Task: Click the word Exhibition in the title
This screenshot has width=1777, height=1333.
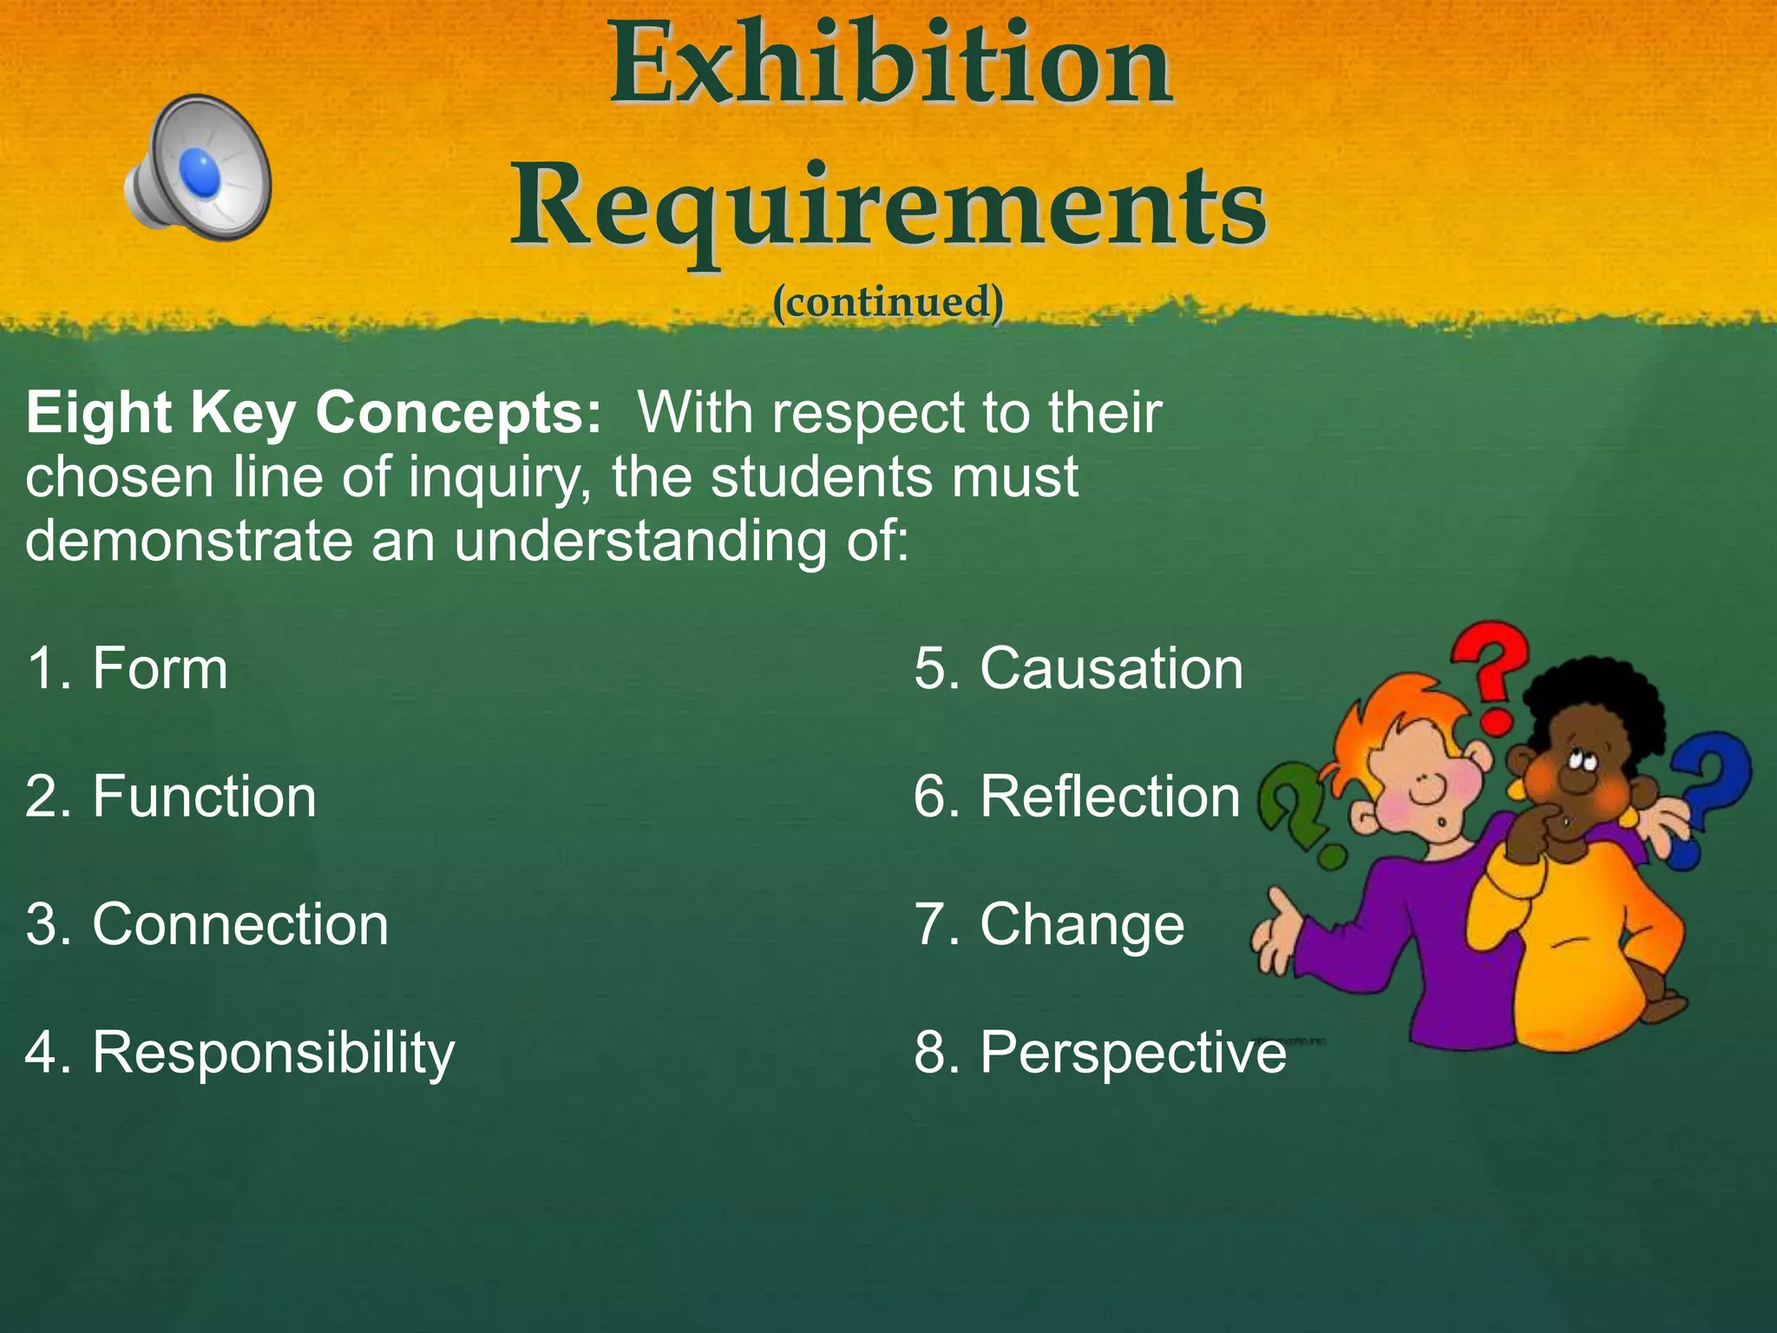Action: [890, 66]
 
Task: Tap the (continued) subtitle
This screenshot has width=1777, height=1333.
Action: [888, 301]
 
